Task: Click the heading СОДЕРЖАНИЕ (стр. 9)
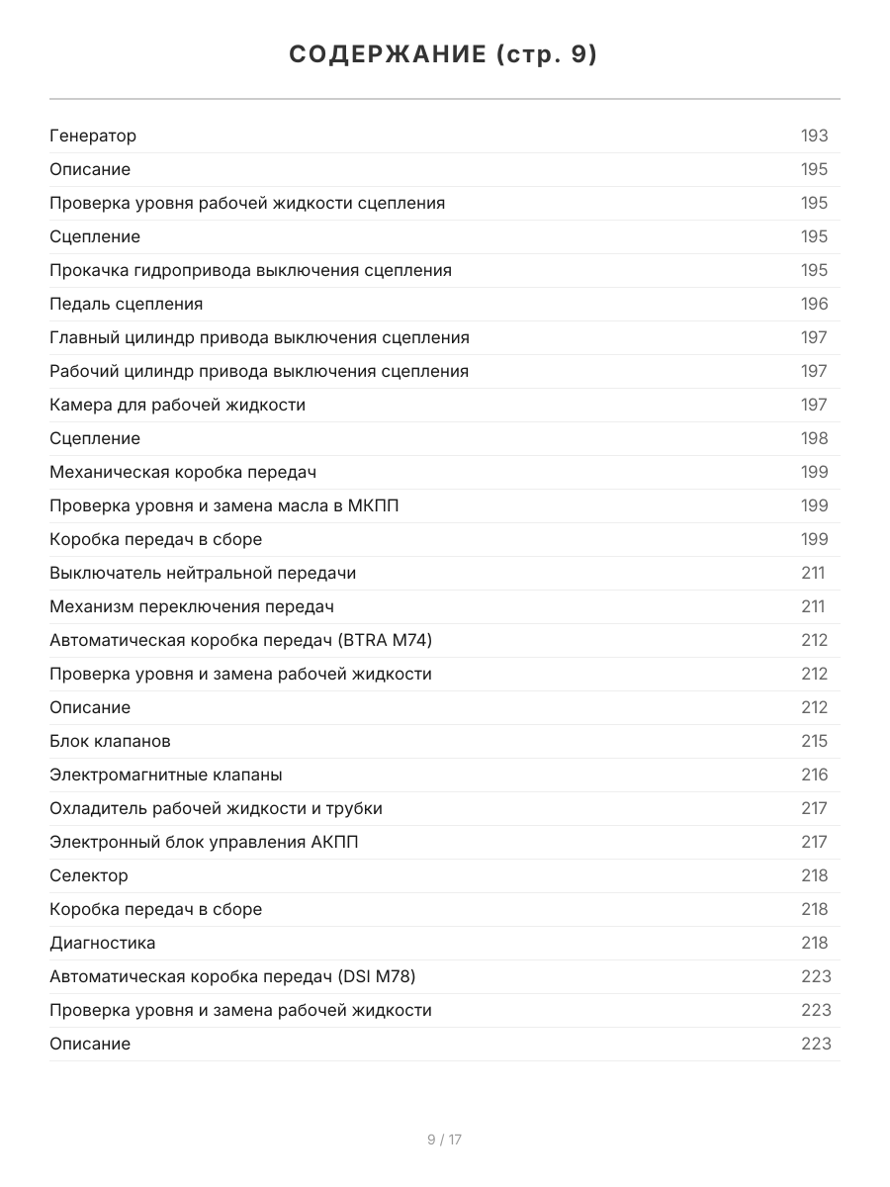(x=444, y=55)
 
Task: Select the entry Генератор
(x=93, y=136)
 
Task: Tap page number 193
(x=814, y=136)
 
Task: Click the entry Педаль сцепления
(x=127, y=304)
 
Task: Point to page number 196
(x=814, y=304)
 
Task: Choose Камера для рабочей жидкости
(x=178, y=405)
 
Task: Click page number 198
(x=814, y=438)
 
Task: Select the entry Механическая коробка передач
(x=183, y=472)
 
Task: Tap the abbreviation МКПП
(x=373, y=505)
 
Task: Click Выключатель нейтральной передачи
(x=203, y=573)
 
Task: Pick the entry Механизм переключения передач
(x=192, y=606)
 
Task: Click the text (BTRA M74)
(x=385, y=640)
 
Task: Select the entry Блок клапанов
(x=111, y=741)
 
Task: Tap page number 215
(x=814, y=741)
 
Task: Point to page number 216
(x=814, y=775)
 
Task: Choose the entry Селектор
(x=89, y=875)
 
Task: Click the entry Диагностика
(x=103, y=943)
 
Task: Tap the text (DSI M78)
(x=377, y=976)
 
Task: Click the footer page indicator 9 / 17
(x=444, y=1140)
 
